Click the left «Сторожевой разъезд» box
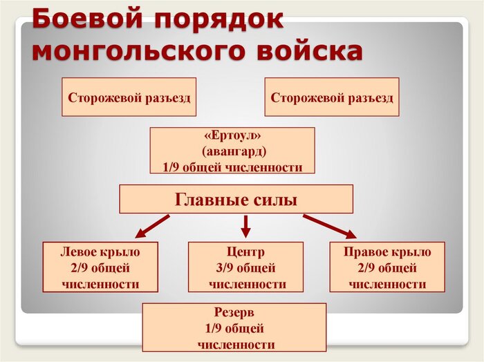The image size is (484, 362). tap(129, 97)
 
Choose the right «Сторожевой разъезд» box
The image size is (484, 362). tap(332, 97)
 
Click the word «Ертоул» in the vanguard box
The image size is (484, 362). tap(233, 135)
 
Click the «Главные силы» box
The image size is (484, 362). tap(236, 200)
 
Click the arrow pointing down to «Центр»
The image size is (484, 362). tap(245, 226)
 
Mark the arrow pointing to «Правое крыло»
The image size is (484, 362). tap(328, 226)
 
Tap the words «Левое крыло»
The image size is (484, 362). tap(100, 251)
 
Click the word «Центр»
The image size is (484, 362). tap(245, 251)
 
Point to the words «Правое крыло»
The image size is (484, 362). tap(387, 251)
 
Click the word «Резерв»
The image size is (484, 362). tap(234, 312)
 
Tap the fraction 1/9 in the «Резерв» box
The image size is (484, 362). tap(215, 328)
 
